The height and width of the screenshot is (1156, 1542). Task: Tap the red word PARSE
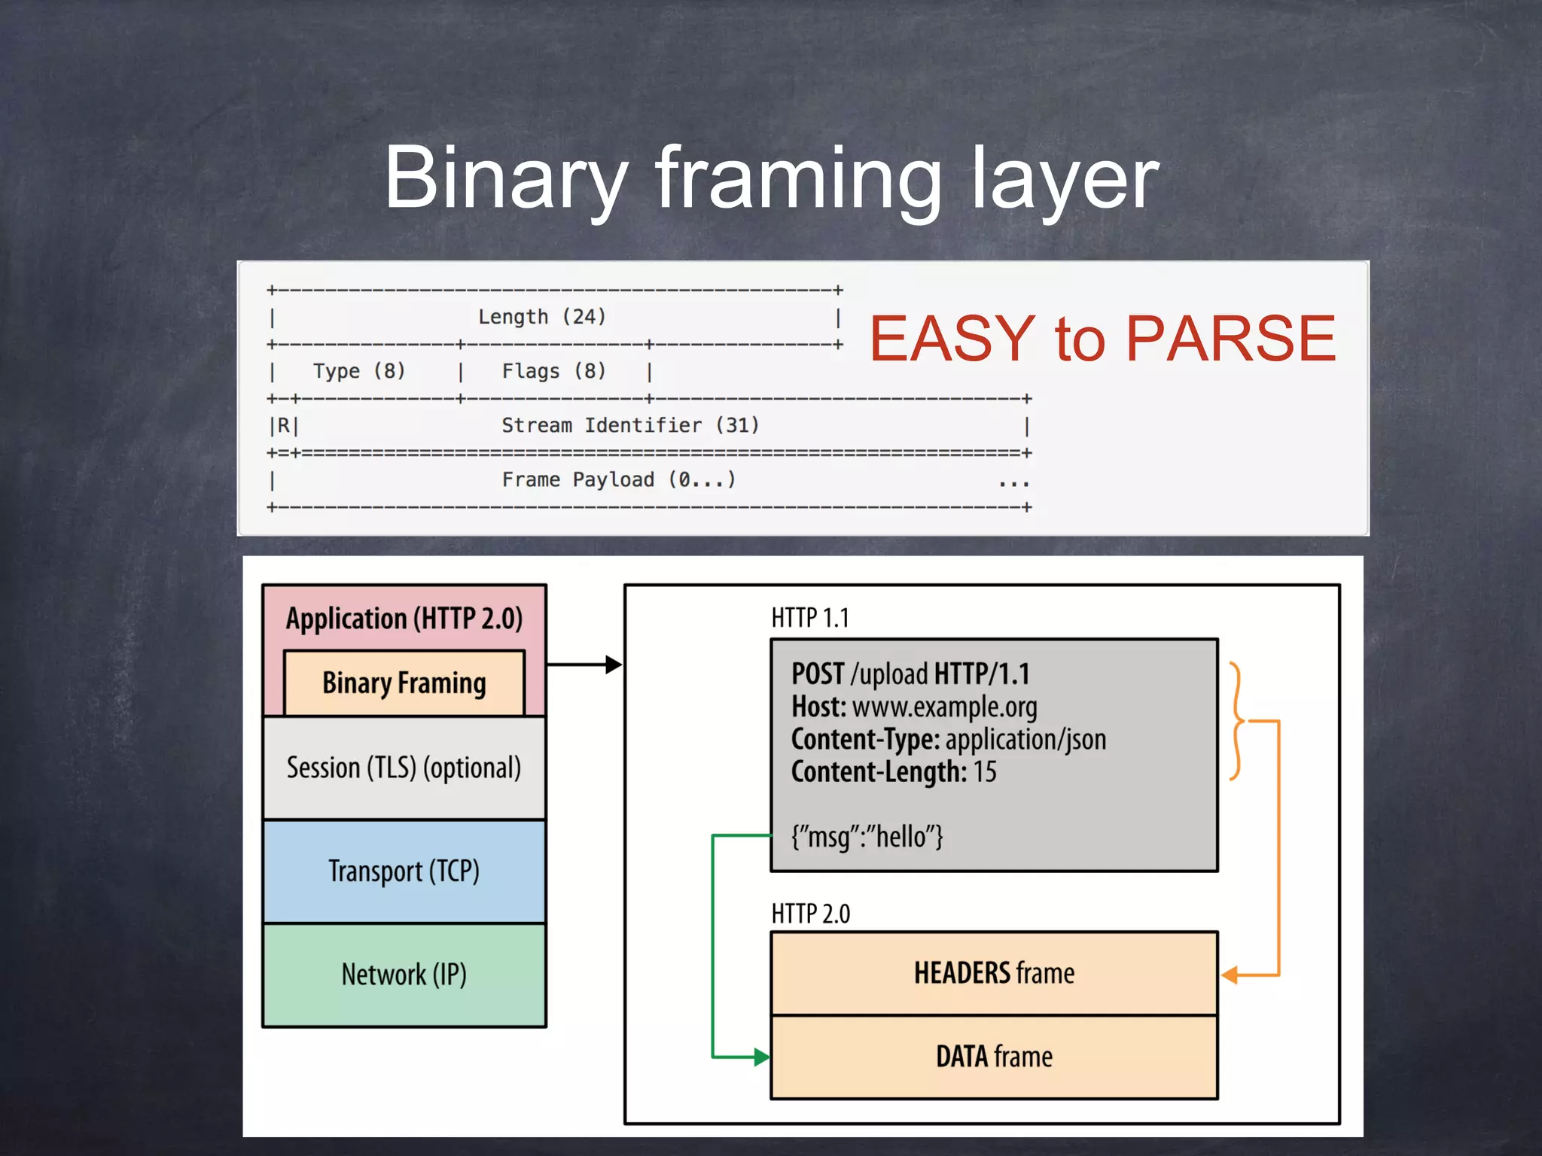pos(1230,339)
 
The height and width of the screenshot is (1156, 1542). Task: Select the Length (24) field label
pos(542,317)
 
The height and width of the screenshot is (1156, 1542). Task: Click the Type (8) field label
pos(359,371)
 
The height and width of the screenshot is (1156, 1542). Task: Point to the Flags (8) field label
pos(553,371)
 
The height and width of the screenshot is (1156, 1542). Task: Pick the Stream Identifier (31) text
pos(630,425)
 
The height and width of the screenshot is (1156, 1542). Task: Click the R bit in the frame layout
pos(284,426)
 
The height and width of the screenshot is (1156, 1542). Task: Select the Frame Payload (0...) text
pos(618,479)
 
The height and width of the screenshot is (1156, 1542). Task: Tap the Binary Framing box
pos(404,683)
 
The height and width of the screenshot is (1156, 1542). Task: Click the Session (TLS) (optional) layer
pos(404,768)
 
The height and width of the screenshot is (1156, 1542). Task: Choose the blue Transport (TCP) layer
pos(404,872)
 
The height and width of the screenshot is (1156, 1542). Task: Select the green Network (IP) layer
pos(404,975)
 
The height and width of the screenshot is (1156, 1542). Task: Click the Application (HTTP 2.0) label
pos(404,619)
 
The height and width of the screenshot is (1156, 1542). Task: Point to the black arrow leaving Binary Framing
pos(584,665)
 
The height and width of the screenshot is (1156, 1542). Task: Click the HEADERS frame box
pos(994,973)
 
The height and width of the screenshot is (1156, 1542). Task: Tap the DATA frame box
pos(994,1057)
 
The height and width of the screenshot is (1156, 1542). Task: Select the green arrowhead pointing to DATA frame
pos(761,1057)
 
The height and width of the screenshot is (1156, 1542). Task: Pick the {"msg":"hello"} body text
pos(867,837)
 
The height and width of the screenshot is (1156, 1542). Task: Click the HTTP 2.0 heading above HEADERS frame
pos(810,914)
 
